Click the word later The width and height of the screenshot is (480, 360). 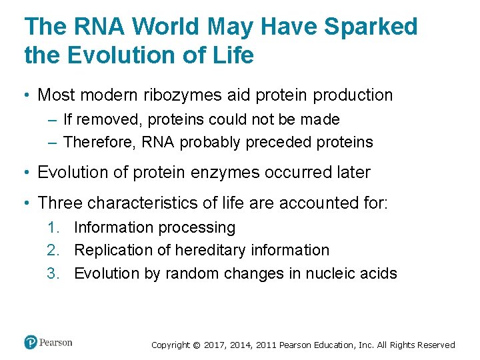pos(351,172)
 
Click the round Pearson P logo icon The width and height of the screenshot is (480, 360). pos(30,343)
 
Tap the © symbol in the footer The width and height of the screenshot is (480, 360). pos(196,345)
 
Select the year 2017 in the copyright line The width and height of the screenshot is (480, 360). pos(215,345)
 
